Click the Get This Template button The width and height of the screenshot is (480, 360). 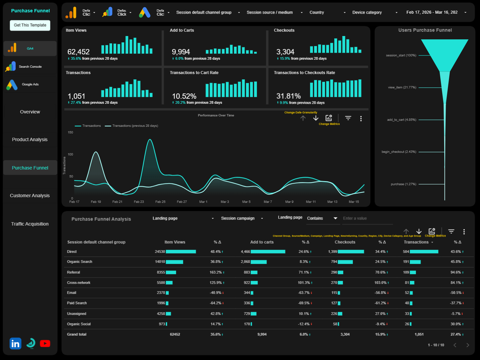[30, 25]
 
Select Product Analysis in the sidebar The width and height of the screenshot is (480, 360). [30, 139]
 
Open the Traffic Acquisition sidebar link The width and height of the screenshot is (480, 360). [30, 224]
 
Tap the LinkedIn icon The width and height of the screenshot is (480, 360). [15, 343]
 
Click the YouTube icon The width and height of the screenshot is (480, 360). [45, 343]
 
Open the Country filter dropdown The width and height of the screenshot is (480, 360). [327, 13]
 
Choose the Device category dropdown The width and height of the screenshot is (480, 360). [375, 13]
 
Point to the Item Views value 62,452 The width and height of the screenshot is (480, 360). [78, 52]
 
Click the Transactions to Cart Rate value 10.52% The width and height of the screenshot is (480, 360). [184, 96]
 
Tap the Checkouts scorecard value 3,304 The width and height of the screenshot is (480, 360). [285, 52]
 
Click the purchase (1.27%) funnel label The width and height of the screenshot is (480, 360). [403, 184]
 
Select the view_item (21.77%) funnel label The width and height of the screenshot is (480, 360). [402, 87]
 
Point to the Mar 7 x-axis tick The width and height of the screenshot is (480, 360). [268, 202]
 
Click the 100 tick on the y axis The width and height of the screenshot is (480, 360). [70, 154]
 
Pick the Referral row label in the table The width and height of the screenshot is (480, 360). [73, 272]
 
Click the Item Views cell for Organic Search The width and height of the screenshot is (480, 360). [160, 262]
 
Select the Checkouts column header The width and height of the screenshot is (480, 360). [345, 242]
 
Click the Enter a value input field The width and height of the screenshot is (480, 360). [367, 219]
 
